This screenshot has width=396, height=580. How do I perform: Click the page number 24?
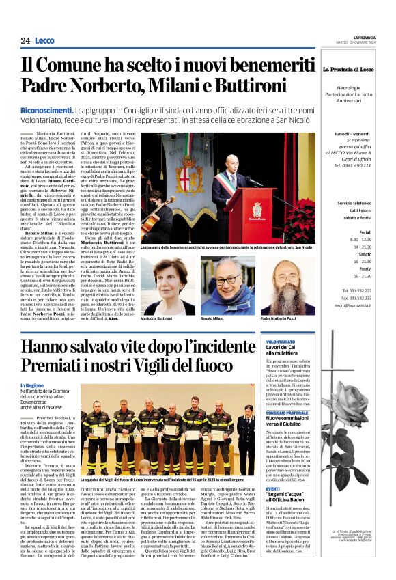click(25, 40)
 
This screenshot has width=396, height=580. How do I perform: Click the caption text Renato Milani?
click(212, 319)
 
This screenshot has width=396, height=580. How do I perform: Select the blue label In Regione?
click(31, 385)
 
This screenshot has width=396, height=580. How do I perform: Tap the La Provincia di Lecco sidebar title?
click(348, 70)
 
